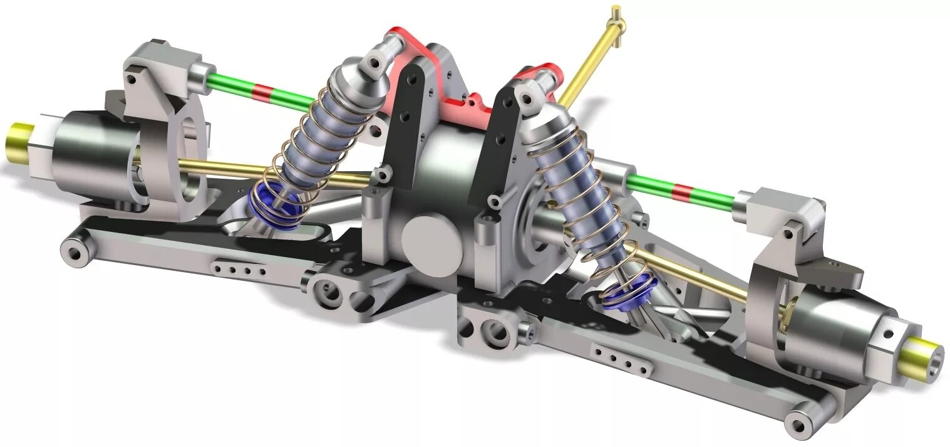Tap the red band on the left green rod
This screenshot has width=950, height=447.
(263, 93)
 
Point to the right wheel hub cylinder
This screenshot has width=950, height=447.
(839, 329)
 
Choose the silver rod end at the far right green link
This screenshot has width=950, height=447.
(749, 202)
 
